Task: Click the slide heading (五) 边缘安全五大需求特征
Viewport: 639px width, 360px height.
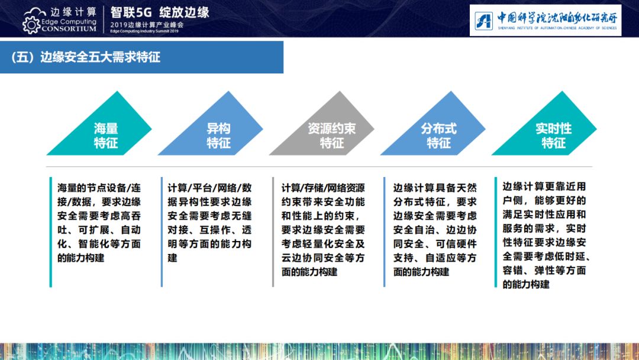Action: [x=86, y=57]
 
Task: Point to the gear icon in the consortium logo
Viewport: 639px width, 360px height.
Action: [x=31, y=25]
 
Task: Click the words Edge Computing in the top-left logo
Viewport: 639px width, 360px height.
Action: [x=69, y=21]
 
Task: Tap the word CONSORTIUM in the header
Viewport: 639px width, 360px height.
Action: [x=69, y=29]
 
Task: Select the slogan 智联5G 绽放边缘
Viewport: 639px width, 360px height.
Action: [x=160, y=12]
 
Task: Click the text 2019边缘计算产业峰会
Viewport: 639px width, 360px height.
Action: [x=147, y=24]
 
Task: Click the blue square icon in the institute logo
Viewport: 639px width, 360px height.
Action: [x=484, y=20]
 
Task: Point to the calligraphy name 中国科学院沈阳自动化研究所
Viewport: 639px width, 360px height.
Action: [x=557, y=18]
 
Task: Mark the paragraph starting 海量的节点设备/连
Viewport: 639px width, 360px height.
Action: [x=99, y=223]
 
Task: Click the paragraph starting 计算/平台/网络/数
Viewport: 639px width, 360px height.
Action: [x=210, y=223]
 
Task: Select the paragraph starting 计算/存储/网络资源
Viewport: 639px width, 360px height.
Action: [x=323, y=230]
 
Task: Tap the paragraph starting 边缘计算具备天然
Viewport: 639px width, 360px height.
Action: [x=435, y=230]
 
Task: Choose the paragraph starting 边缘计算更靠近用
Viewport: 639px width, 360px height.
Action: [x=546, y=235]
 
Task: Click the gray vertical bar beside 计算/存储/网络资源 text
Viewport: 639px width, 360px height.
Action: [x=273, y=232]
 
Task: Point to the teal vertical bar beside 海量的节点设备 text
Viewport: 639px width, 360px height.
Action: [x=50, y=232]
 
